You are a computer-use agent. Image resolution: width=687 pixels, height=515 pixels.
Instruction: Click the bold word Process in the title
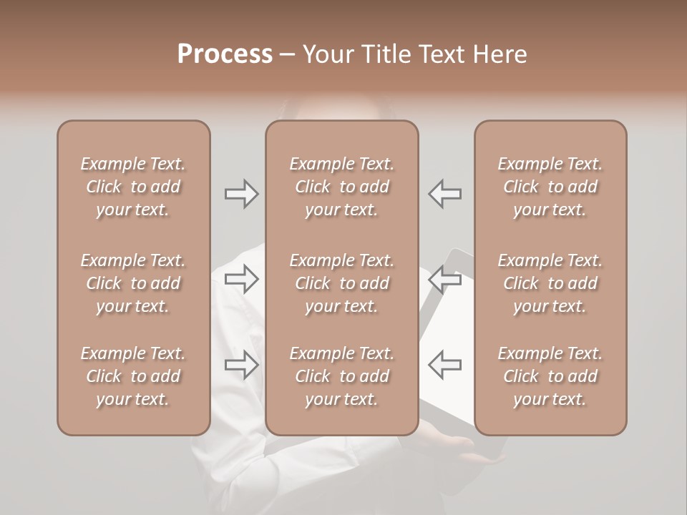pyautogui.click(x=225, y=54)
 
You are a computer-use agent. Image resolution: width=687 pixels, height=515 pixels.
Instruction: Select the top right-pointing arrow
pyautogui.click(x=241, y=194)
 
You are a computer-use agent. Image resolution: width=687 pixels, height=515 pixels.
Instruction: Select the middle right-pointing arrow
pyautogui.click(x=241, y=279)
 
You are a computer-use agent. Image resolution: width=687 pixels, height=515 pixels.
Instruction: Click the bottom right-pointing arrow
pyautogui.click(x=241, y=365)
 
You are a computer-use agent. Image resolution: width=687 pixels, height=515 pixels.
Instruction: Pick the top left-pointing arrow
pyautogui.click(x=445, y=194)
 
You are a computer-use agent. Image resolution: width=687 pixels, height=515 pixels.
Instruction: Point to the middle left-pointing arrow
pyautogui.click(x=445, y=279)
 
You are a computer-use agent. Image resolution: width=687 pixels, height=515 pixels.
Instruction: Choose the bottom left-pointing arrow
pyautogui.click(x=445, y=365)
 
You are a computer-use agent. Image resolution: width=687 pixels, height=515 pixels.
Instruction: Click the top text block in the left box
pyautogui.click(x=133, y=187)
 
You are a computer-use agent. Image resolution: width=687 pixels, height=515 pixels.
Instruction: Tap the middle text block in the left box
pyautogui.click(x=133, y=283)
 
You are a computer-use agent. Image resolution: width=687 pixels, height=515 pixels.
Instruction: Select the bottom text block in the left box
pyautogui.click(x=133, y=376)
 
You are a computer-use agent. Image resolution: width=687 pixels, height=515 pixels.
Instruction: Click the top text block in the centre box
pyautogui.click(x=342, y=187)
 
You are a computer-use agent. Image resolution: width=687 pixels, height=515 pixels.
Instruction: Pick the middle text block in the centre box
pyautogui.click(x=342, y=283)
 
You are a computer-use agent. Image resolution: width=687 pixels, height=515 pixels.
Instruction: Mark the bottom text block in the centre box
pyautogui.click(x=342, y=376)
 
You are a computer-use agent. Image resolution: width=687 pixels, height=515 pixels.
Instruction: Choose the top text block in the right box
pyautogui.click(x=550, y=187)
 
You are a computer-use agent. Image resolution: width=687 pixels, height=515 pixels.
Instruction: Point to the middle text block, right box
pyautogui.click(x=550, y=283)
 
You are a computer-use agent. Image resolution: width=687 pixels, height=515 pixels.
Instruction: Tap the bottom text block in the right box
pyautogui.click(x=550, y=376)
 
